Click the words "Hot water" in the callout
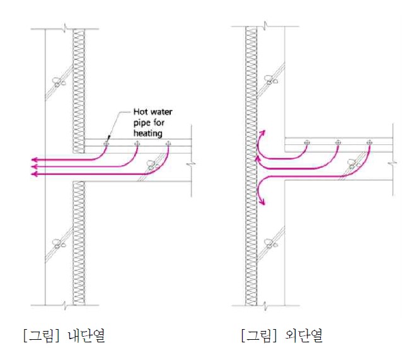151,112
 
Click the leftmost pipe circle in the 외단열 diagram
306,142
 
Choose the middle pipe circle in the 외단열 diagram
338,142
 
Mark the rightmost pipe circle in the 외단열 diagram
369,142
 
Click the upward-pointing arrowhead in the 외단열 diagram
262,134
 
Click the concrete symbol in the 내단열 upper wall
58,81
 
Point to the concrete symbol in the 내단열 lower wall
58,242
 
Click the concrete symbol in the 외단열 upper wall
271,80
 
